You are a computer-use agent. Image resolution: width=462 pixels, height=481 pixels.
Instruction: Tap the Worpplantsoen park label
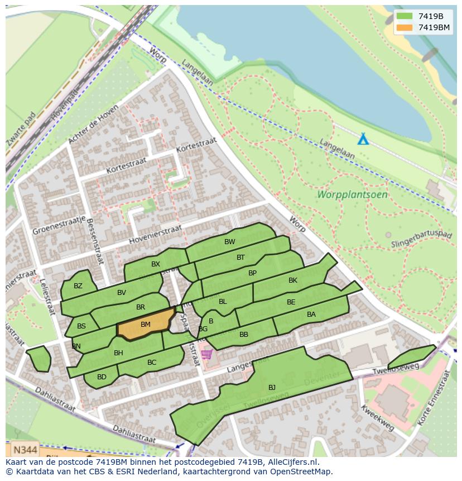[x=352, y=195]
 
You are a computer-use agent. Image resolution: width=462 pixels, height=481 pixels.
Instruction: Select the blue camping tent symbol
[x=363, y=139]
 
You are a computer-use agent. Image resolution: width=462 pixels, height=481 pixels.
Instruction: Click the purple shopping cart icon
[x=207, y=354]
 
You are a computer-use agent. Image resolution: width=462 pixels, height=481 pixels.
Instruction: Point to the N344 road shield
[x=25, y=449]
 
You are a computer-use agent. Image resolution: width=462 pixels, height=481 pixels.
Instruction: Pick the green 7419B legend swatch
[x=405, y=16]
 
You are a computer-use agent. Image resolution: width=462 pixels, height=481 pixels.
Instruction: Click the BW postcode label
[x=229, y=242]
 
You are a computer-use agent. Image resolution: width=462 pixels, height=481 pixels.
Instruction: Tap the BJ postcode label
[x=272, y=387]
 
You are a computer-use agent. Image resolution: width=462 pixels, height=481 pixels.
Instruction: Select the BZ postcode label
[x=78, y=286]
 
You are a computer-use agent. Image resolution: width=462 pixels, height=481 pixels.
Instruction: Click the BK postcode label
[x=293, y=280]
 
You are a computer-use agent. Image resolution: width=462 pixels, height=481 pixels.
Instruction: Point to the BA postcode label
[x=311, y=315]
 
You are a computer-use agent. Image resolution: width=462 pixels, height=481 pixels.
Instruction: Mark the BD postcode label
[x=102, y=377]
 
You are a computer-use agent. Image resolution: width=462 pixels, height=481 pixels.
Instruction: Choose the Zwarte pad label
[x=21, y=128]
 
